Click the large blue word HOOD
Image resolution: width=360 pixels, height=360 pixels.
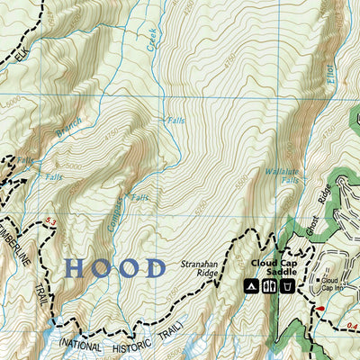click(x=116, y=268)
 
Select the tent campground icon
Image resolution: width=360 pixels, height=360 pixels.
click(x=251, y=286)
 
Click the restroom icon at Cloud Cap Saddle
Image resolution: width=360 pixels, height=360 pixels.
click(x=268, y=286)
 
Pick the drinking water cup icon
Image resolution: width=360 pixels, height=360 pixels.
click(x=285, y=286)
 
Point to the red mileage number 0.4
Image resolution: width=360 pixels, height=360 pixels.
click(x=352, y=325)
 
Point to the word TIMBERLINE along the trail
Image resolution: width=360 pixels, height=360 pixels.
click(x=18, y=248)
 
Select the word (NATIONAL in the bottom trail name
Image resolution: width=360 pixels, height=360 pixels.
click(x=83, y=343)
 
